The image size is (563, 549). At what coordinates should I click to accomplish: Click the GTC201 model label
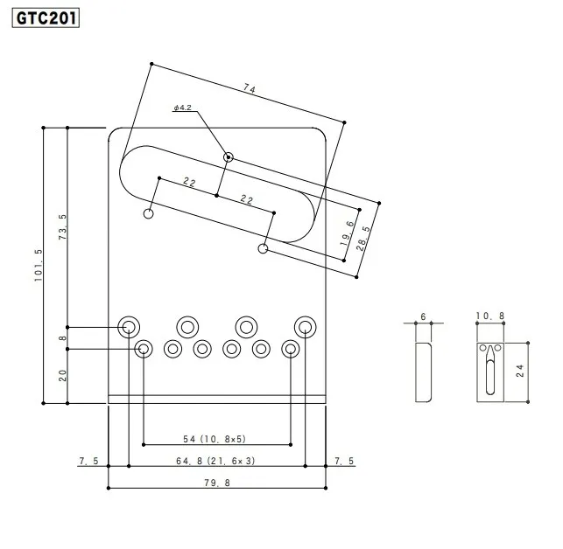click(46, 17)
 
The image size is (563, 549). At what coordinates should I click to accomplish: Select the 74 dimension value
click(250, 88)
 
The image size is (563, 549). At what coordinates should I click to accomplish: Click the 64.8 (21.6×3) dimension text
click(215, 460)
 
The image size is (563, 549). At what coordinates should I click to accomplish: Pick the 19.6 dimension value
click(348, 235)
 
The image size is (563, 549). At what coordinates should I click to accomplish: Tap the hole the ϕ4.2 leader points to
click(229, 157)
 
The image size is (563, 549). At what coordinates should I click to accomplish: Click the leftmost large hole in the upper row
click(129, 327)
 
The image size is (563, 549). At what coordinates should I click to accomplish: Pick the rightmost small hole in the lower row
click(290, 349)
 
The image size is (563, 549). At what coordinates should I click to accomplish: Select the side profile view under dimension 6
click(423, 372)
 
